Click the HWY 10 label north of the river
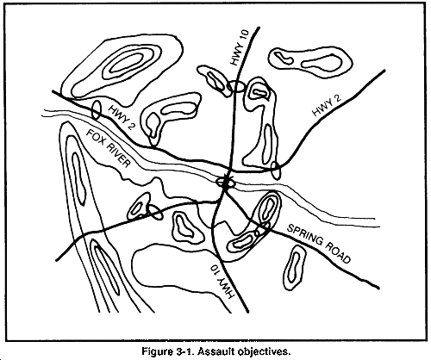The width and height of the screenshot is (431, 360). [239, 47]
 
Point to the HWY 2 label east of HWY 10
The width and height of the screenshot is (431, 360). [327, 105]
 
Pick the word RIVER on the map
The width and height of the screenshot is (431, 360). [118, 158]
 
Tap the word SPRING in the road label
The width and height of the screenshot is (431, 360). [305, 236]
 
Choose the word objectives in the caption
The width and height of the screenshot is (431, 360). [263, 351]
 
